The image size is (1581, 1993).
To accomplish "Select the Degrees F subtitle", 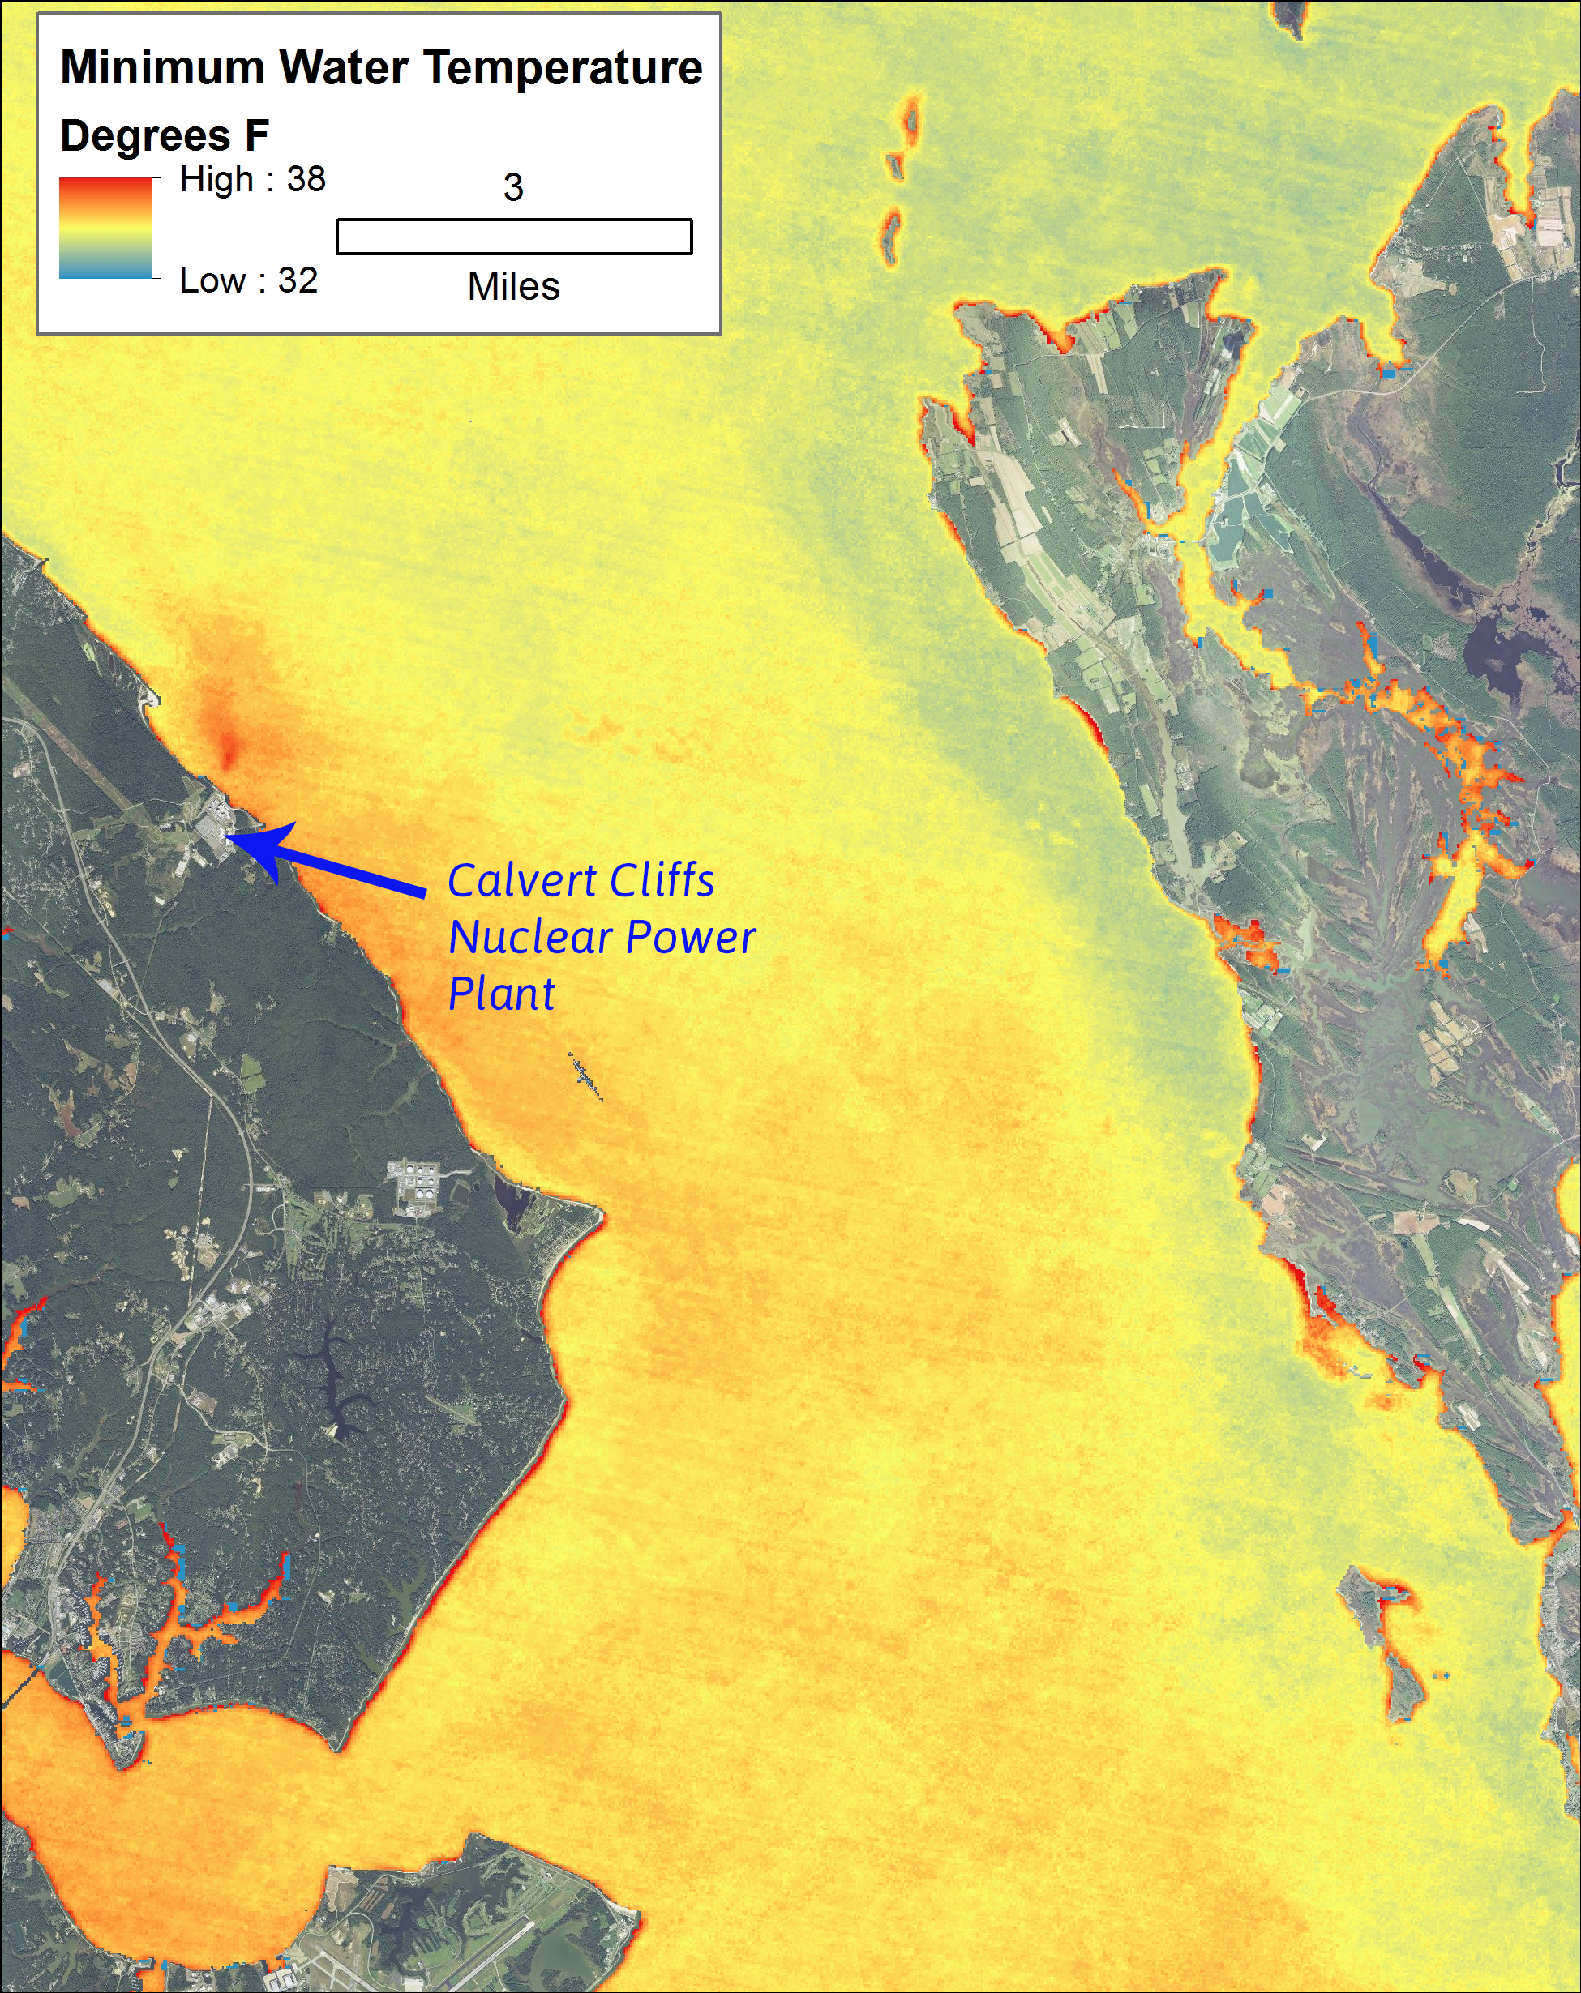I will tap(164, 136).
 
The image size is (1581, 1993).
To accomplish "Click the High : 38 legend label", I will tap(252, 179).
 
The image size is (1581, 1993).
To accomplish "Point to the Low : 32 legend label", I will tap(248, 280).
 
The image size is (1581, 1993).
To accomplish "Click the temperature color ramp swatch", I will tap(105, 229).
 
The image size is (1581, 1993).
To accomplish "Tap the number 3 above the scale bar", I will tap(513, 188).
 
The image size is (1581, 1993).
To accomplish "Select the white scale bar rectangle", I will tap(514, 237).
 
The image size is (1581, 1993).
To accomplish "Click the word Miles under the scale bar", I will tap(513, 287).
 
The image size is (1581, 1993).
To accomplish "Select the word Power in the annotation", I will tap(691, 938).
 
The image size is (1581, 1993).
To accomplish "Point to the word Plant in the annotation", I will tap(501, 994).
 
